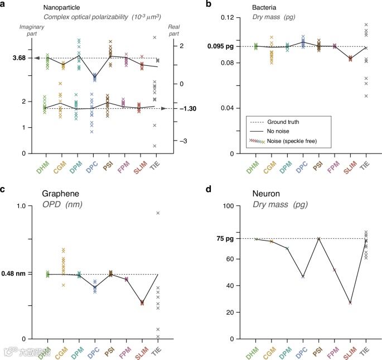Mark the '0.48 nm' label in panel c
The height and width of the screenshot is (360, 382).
click(22, 274)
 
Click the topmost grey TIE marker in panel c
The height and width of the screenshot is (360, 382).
click(158, 213)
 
